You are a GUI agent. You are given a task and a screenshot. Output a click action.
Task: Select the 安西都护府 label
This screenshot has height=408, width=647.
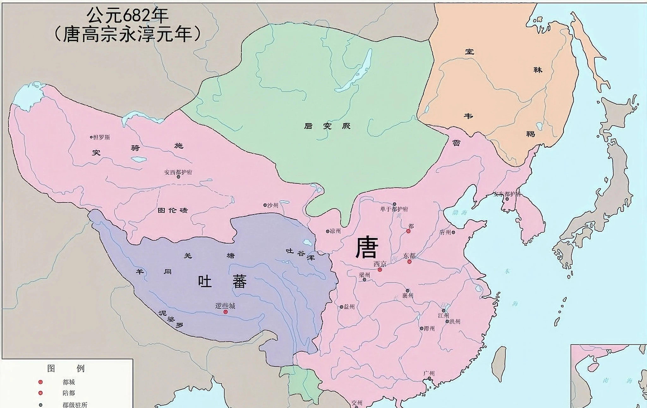tap(178, 172)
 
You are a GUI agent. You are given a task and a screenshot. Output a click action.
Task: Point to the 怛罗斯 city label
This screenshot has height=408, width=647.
tap(101, 137)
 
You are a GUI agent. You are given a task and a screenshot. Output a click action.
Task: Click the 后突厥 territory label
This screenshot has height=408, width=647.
tap(327, 126)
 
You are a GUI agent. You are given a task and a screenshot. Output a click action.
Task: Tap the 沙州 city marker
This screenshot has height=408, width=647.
tap(265, 205)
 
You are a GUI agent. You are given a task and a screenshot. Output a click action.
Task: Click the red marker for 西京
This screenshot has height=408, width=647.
tap(380, 269)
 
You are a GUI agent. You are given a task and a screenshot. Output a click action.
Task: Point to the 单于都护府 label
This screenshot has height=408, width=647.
tap(394, 209)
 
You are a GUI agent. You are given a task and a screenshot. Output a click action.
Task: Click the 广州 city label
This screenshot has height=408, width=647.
tap(429, 373)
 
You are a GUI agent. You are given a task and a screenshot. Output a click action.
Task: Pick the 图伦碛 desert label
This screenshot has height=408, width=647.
tap(172, 210)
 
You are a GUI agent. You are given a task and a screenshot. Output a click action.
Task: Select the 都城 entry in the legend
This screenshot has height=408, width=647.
tap(69, 382)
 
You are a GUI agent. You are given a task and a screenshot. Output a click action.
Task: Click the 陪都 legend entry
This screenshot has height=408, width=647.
tap(69, 393)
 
